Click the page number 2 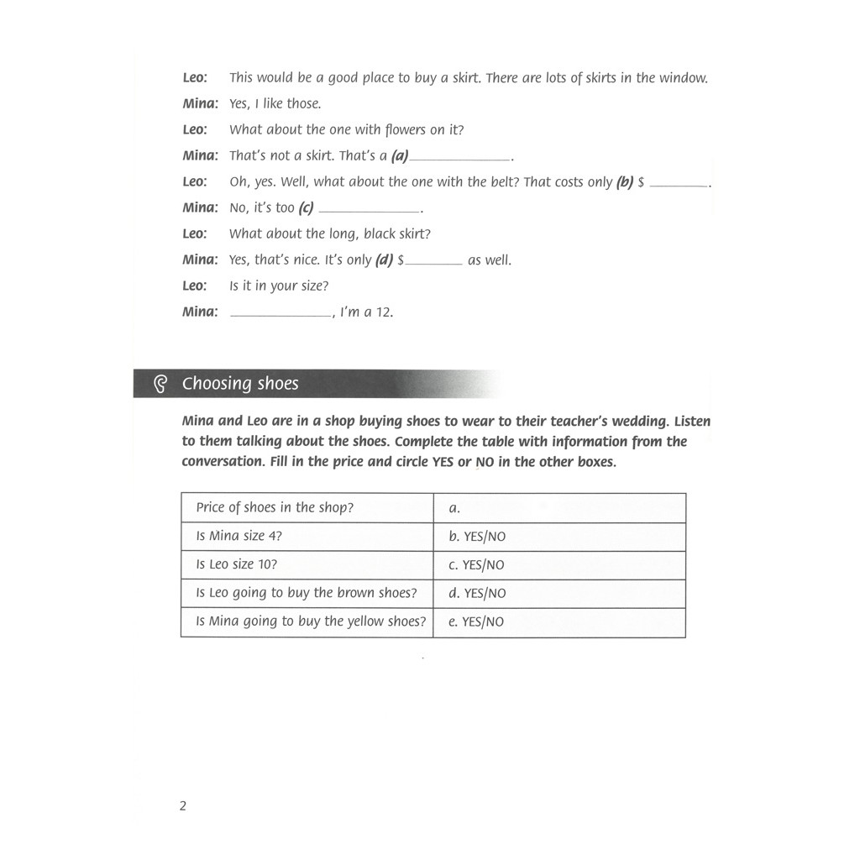pos(183,806)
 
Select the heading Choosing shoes pos(240,384)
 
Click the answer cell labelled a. pos(455,508)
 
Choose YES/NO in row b pos(485,537)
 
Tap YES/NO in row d pos(485,593)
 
